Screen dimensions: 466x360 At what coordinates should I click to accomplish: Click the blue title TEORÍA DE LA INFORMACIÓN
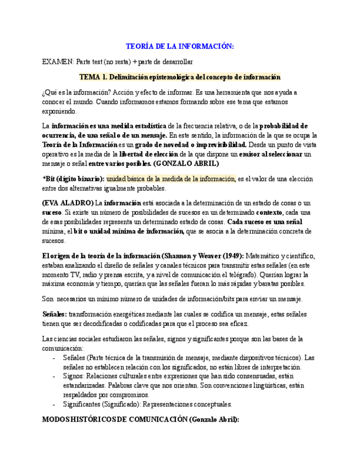coord(180,47)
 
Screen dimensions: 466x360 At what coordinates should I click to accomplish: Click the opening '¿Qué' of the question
coord(50,92)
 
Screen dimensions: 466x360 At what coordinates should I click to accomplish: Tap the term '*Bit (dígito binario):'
coord(73,179)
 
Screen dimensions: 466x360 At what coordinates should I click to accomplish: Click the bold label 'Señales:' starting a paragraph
coord(54,313)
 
